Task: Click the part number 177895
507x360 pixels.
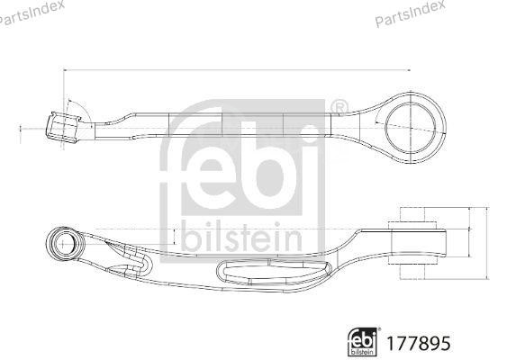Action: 417,343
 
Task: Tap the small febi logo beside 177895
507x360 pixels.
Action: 363,341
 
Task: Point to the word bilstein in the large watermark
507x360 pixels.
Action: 240,237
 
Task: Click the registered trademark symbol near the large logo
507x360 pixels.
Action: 339,109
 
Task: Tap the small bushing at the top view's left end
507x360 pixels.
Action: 62,127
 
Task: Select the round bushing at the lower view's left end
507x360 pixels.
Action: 64,243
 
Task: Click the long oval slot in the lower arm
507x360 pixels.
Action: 270,272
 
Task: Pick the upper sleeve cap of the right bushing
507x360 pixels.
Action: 409,217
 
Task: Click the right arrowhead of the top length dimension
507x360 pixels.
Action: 408,69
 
